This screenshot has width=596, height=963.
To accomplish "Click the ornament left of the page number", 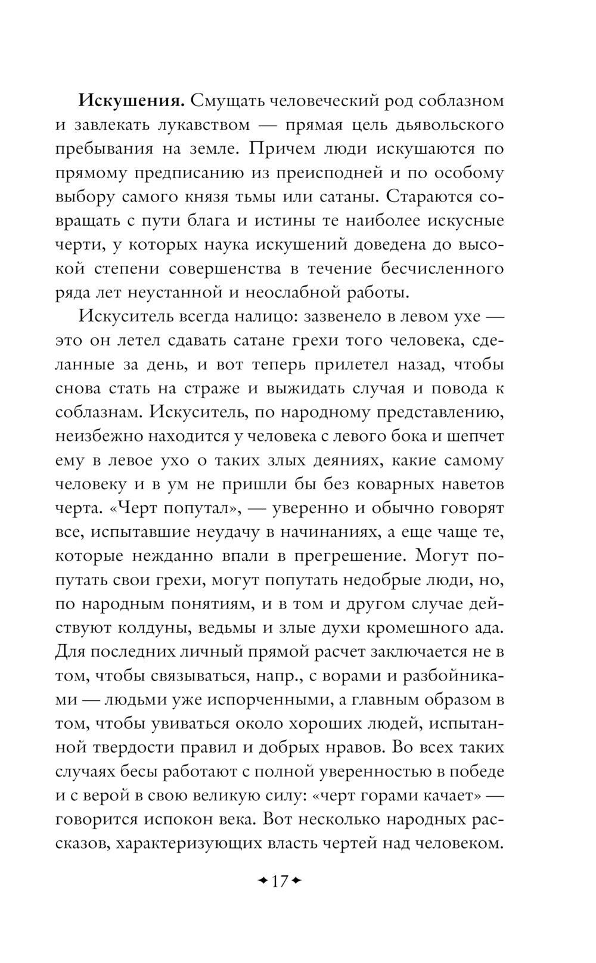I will click(260, 881).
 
